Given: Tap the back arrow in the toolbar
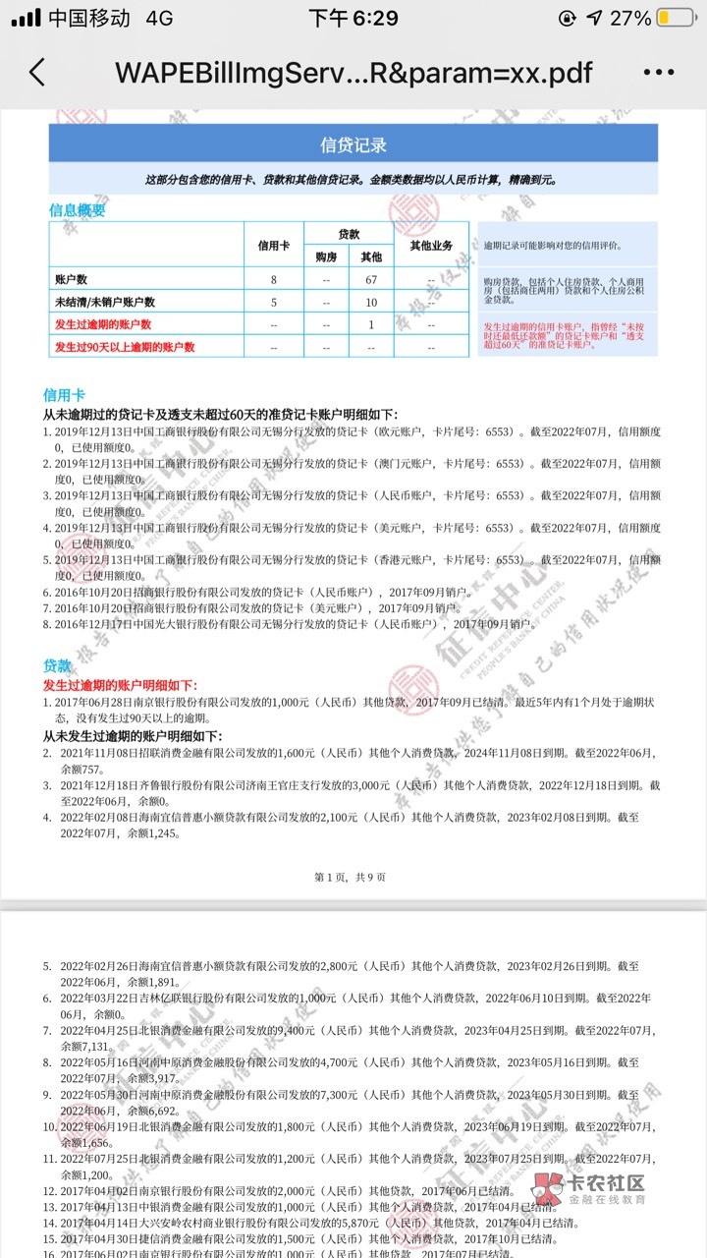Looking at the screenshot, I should coord(37,72).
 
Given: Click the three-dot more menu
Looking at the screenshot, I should coord(659,72).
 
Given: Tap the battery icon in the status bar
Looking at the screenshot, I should coord(677,18).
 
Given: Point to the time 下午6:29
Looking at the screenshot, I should coord(353,18).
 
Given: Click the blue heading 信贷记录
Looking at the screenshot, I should coord(353,144).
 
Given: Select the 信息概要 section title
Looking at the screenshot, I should coord(78,209).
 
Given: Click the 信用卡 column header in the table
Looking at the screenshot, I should coord(274,245).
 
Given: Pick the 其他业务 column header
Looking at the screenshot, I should coord(431,245).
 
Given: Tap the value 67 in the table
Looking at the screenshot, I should coord(371,279).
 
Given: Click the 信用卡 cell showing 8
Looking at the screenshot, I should coord(274,279).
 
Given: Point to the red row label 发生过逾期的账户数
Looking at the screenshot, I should coord(103,324).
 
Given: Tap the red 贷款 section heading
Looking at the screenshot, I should coord(57,667).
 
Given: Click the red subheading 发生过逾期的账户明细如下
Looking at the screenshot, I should coord(119,685).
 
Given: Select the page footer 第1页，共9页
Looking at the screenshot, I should coord(350,876).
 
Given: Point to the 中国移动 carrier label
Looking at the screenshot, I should coord(88,18).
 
